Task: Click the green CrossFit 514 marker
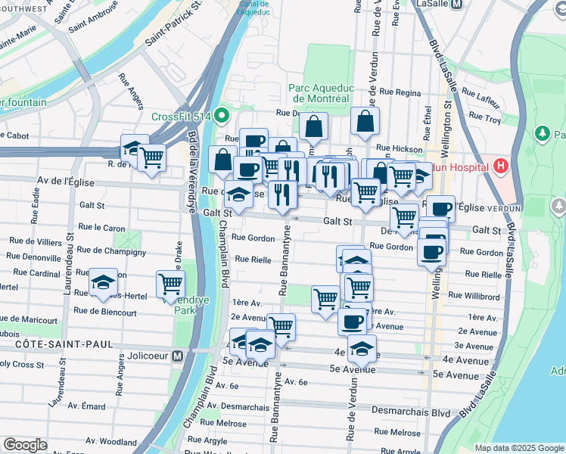pyautogui.click(x=221, y=116)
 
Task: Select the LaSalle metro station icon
pyautogui.click(x=456, y=5)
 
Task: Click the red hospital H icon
pyautogui.click(x=500, y=165)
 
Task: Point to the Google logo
pyautogui.click(x=25, y=445)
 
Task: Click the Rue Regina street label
pyautogui.click(x=400, y=92)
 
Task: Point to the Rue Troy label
pyautogui.click(x=484, y=117)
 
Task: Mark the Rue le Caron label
pyautogui.click(x=101, y=228)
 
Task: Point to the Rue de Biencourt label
pyautogui.click(x=105, y=312)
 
